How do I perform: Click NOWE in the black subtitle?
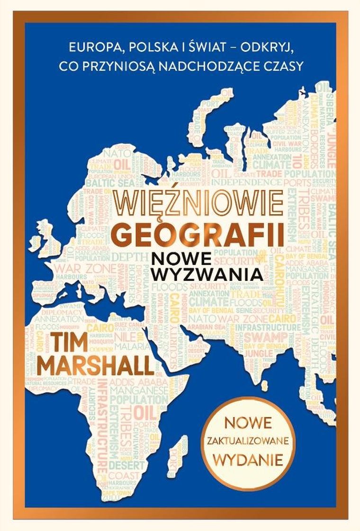tap(176, 257)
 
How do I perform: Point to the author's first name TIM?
tap(72, 342)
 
